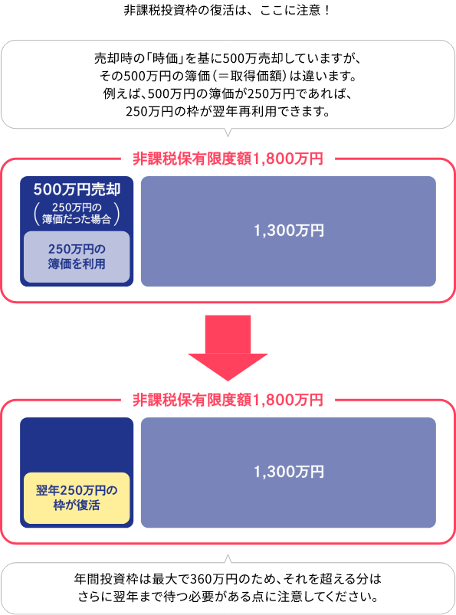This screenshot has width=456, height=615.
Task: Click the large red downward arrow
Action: click(x=228, y=348)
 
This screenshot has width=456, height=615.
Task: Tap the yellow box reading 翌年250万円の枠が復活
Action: click(x=77, y=498)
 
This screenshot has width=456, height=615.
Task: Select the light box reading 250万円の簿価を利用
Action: click(x=77, y=257)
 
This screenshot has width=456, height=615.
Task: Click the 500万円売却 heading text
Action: click(x=77, y=189)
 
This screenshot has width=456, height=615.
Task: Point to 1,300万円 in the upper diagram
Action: click(x=289, y=231)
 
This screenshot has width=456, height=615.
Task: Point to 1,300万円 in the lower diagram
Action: click(x=289, y=472)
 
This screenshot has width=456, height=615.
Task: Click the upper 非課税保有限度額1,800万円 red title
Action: click(x=228, y=159)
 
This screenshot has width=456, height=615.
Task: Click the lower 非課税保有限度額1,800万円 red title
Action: click(x=228, y=400)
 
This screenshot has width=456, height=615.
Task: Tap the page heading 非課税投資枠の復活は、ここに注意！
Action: click(x=228, y=10)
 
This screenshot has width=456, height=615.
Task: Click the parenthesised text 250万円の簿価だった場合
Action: click(x=77, y=214)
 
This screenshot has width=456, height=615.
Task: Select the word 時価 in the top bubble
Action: click(x=166, y=58)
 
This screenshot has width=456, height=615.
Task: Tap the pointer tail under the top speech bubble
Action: click(x=228, y=132)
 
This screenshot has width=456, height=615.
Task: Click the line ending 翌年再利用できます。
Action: click(x=228, y=112)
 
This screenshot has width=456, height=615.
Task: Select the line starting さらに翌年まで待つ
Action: click(x=228, y=597)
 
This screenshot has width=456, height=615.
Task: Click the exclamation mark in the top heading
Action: click(x=326, y=10)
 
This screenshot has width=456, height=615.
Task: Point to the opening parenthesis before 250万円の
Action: click(x=37, y=214)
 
